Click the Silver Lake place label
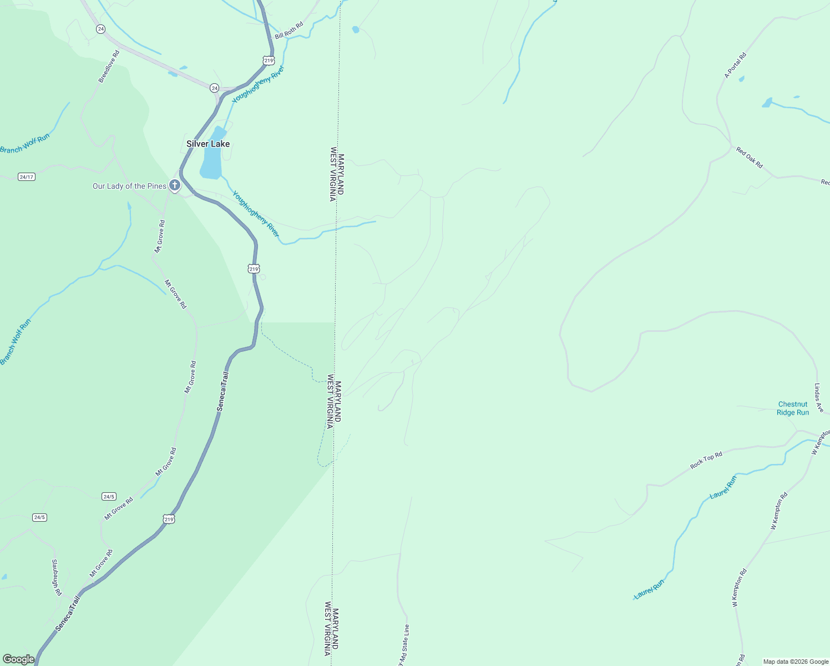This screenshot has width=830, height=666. click(208, 144)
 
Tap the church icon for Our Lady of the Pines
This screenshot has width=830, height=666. click(175, 185)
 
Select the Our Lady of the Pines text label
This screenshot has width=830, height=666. click(129, 186)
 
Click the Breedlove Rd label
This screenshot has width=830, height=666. click(109, 67)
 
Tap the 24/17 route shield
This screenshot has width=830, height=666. click(26, 177)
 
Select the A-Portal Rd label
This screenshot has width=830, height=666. click(736, 65)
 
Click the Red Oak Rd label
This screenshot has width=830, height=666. click(750, 157)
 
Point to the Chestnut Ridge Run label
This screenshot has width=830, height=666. click(793, 408)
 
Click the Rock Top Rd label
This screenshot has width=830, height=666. click(706, 460)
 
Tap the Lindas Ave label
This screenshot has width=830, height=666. click(819, 397)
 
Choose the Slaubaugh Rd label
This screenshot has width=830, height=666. click(57, 577)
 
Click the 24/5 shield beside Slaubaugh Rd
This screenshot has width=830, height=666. click(39, 517)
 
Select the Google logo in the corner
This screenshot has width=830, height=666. click(18, 659)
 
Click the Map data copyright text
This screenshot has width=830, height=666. click(796, 662)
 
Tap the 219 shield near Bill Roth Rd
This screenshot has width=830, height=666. click(269, 60)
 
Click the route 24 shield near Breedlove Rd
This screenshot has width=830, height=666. click(100, 29)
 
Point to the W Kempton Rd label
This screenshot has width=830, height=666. click(779, 511)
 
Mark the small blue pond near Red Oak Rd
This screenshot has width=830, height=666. click(767, 103)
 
